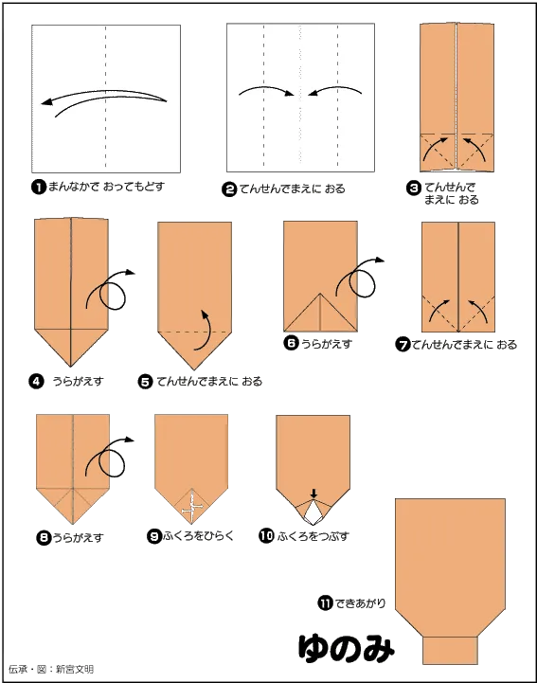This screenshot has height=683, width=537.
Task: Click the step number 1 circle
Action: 39,188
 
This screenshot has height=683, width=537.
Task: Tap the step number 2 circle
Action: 229,189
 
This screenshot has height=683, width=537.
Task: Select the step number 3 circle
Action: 413,189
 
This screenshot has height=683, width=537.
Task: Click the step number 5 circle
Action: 146,382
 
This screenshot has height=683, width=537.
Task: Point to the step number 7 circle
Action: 403,345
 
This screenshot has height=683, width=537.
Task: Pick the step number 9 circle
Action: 154,536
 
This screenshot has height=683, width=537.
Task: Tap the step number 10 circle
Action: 266,536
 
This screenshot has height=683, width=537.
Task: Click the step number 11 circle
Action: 325,603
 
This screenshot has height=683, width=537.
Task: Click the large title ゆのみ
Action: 347,648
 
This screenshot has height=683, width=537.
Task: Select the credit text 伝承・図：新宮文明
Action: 51,669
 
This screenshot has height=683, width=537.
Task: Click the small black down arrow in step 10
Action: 314,494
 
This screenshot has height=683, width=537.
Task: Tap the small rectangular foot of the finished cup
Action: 450,651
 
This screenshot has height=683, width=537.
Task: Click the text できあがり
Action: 360,603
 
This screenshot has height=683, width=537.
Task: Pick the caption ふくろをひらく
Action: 199,536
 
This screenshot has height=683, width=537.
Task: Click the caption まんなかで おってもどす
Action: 106,188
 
